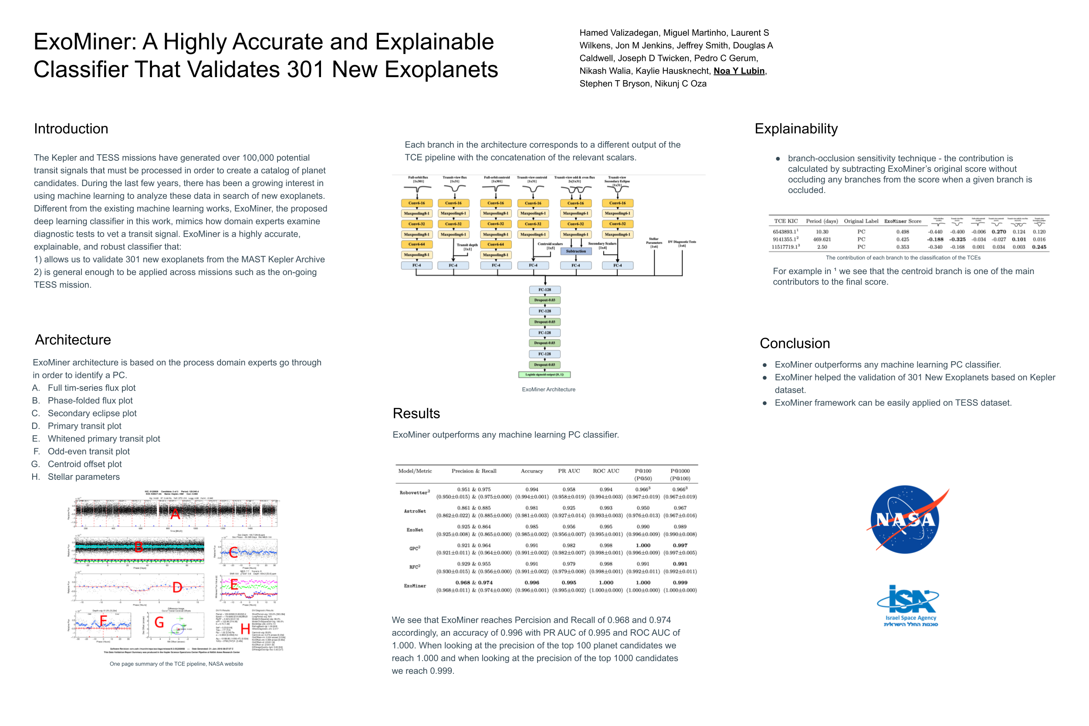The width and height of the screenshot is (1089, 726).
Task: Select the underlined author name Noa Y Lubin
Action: point(739,71)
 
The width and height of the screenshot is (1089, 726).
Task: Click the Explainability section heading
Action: point(796,129)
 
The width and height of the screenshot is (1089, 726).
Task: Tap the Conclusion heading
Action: point(795,343)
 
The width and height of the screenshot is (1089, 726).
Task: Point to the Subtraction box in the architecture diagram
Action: point(576,251)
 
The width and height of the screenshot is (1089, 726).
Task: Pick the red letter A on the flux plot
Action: point(175,513)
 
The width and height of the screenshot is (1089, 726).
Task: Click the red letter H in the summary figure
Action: point(245,628)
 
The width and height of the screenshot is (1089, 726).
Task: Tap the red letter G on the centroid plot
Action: point(159,622)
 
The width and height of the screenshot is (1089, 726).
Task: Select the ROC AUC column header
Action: point(606,471)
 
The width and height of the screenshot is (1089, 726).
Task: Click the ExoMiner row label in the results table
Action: point(415,586)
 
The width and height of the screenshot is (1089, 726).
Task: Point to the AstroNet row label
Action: point(415,511)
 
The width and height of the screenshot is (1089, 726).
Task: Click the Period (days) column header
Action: point(822,221)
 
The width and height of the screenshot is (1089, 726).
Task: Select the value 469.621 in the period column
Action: point(822,239)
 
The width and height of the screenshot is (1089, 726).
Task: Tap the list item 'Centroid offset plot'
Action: point(85,464)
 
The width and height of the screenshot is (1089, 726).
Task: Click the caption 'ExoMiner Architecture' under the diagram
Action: point(548,390)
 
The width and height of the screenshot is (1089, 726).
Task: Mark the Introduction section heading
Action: point(71,129)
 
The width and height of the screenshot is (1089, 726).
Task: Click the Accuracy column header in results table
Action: point(532,471)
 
